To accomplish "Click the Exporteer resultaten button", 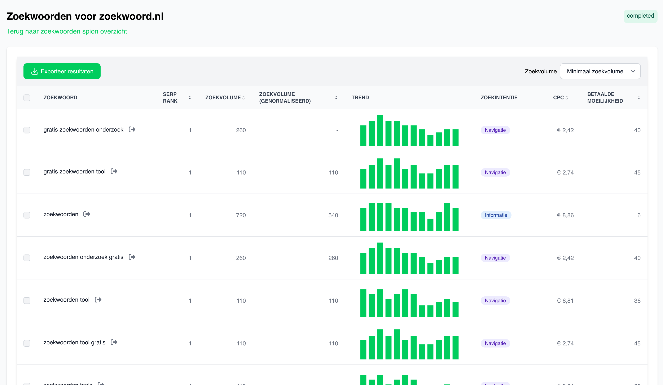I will tap(62, 71).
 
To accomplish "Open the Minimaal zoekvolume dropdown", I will tap(600, 71).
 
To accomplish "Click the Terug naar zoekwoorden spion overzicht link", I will tap(67, 31).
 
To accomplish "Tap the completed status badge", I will tap(640, 16).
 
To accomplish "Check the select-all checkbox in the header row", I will tap(27, 98).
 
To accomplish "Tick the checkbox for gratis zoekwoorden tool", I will tap(27, 173).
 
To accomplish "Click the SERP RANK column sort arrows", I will tap(190, 98).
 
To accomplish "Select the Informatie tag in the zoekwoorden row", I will tap(496, 215).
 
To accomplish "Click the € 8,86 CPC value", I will tap(565, 215).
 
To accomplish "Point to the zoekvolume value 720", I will tap(241, 215).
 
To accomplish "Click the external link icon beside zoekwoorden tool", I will tap(98, 300).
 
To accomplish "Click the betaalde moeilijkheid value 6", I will tap(638, 215).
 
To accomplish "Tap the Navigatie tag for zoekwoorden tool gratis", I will tap(495, 343).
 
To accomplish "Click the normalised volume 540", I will tap(333, 215).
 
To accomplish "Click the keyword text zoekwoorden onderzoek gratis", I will tap(83, 257).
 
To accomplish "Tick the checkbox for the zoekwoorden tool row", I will tap(27, 301).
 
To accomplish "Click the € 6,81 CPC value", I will tap(565, 301).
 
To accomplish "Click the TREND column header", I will tap(360, 98).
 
